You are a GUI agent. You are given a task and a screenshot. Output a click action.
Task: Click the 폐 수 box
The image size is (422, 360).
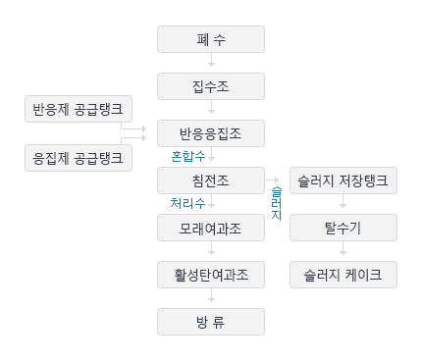coord(211,39)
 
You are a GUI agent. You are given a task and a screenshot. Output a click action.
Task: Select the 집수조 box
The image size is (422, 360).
coord(211,86)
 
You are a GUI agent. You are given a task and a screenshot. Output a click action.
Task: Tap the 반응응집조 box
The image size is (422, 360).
coord(211,133)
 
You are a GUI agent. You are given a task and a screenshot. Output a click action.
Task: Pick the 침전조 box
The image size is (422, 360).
coord(211,180)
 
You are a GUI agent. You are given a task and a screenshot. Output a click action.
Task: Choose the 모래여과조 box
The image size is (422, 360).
coord(211,228)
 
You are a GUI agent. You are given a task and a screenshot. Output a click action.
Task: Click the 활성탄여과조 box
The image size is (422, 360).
coord(211,275)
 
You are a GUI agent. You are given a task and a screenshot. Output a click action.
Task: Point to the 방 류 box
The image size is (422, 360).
coord(211,322)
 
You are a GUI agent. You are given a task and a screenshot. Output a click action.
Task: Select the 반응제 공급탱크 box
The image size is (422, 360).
coord(78,109)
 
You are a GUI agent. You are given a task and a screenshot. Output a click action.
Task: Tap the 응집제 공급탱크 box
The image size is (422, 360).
coord(78,156)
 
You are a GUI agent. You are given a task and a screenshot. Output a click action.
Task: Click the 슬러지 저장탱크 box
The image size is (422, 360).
coord(343,180)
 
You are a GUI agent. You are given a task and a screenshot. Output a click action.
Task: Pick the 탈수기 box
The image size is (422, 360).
coord(343,228)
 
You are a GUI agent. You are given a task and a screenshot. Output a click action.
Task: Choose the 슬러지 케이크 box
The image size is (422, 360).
coord(343,275)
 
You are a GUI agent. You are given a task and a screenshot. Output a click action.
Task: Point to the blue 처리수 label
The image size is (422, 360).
coord(187,204)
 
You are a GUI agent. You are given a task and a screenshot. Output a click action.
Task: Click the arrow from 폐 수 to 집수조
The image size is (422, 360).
coord(211,63)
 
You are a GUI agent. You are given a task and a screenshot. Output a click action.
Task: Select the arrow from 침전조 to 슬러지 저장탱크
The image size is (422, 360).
coord(276,180)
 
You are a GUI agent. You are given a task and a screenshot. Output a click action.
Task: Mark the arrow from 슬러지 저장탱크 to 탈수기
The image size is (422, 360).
coord(343,204)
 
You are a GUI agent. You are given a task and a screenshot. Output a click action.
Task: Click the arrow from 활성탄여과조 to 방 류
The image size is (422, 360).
coord(211,298)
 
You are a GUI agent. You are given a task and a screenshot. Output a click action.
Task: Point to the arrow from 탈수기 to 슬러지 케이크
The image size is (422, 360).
coord(343,251)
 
